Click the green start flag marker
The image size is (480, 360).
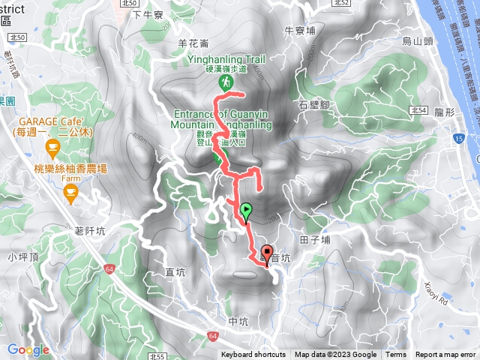click(246, 210)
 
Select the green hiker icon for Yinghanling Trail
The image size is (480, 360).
click(224, 81)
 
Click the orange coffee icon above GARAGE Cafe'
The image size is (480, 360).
click(52, 146)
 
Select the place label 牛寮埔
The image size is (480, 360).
click(299, 31)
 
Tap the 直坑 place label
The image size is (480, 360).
click(175, 274)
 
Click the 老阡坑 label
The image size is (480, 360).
click(90, 231)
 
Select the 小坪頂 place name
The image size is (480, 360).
click(23, 256)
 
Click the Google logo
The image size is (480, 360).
click(28, 349)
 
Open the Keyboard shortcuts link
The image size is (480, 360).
click(253, 355)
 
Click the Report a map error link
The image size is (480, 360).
click(445, 355)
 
